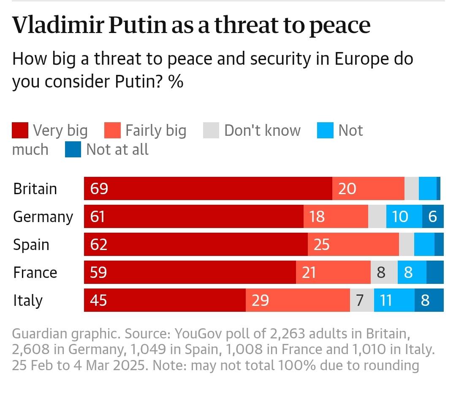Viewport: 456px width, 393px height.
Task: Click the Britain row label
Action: [x=35, y=189]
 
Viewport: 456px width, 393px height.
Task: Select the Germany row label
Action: [x=43, y=217]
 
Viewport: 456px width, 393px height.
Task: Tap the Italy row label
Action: [x=28, y=300]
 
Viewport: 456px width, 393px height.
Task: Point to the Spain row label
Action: [x=31, y=245]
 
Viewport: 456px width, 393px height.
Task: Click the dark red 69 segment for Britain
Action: [x=208, y=189]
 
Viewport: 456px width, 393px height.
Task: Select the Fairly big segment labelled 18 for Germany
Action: [x=336, y=217]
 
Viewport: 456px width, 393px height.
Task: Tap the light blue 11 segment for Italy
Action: [x=394, y=300]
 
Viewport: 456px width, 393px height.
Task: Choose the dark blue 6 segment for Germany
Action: [x=433, y=217]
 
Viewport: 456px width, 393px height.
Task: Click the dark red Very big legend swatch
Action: [x=20, y=130]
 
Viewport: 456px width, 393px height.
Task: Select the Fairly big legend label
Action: [x=156, y=130]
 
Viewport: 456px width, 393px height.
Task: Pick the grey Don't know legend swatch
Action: [x=211, y=130]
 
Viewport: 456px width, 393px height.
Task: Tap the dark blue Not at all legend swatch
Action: [x=73, y=149]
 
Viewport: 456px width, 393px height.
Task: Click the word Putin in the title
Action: [x=138, y=25]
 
